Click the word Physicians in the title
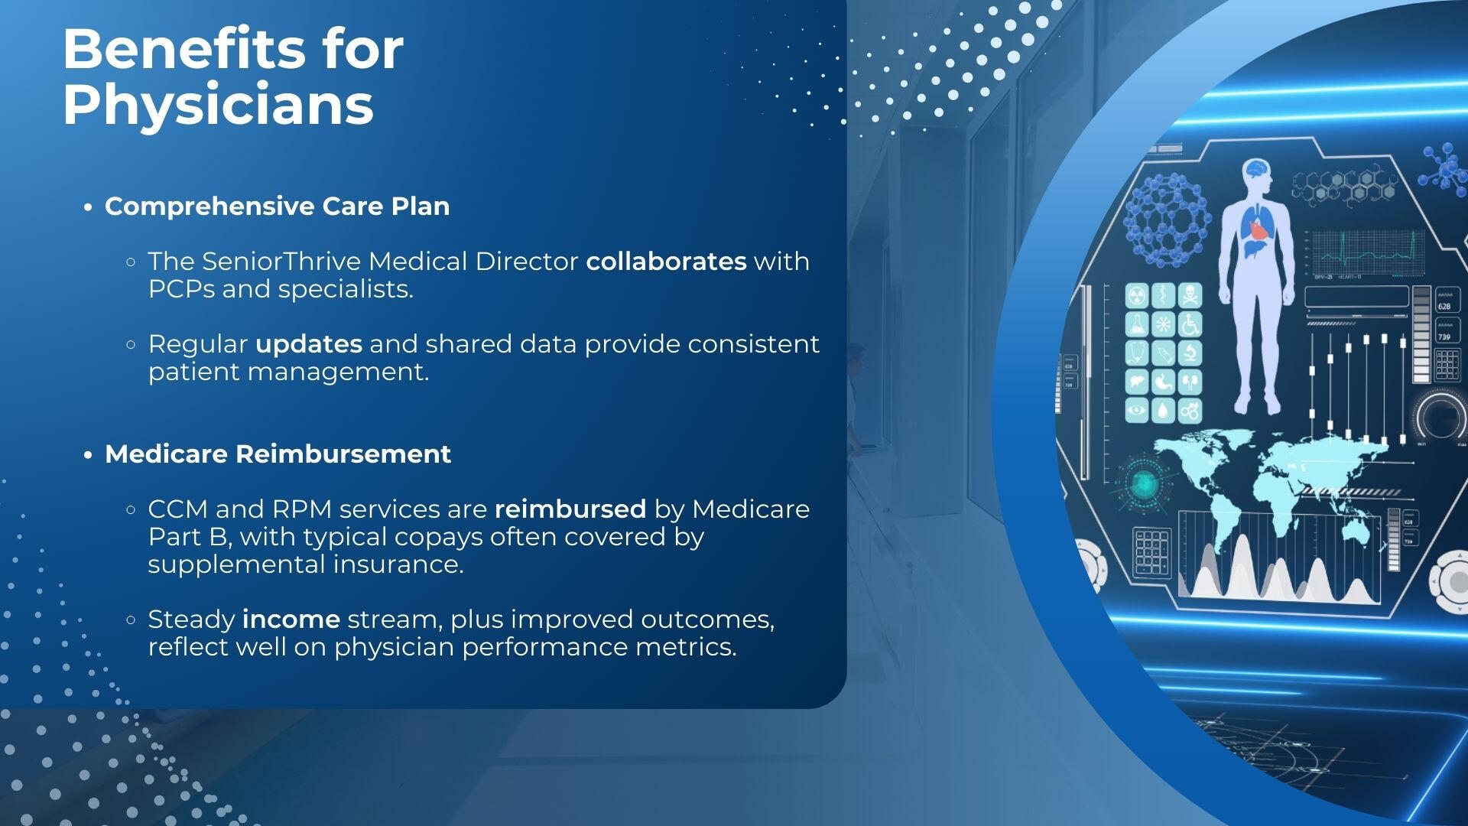tap(218, 106)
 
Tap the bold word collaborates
tap(666, 262)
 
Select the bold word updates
tap(309, 345)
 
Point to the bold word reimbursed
tap(570, 509)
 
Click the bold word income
tap(291, 619)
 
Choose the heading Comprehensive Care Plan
tap(277, 206)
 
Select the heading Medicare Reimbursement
tap(278, 454)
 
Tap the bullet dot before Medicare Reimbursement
tap(89, 456)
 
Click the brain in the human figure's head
tap(1255, 169)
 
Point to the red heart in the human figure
tap(1256, 228)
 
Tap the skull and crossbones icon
tap(1190, 294)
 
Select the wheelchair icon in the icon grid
tap(1190, 324)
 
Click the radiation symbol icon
tap(1137, 294)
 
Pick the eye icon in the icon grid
tap(1137, 411)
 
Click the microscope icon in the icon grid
tap(1190, 353)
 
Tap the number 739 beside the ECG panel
tap(1444, 337)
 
